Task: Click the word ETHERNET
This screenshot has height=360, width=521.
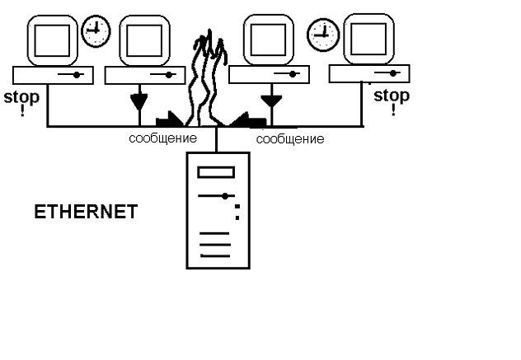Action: click(85, 212)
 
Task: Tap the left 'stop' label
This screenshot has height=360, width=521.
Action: click(21, 97)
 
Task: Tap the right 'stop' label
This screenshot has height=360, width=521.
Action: click(391, 96)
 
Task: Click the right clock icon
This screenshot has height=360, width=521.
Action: click(322, 34)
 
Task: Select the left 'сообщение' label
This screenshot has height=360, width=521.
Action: click(163, 138)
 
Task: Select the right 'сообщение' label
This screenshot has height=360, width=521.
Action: click(290, 139)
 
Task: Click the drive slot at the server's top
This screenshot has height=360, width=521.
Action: click(215, 171)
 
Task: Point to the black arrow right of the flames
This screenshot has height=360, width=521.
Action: click(247, 120)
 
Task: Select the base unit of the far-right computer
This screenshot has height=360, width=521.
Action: click(369, 73)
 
